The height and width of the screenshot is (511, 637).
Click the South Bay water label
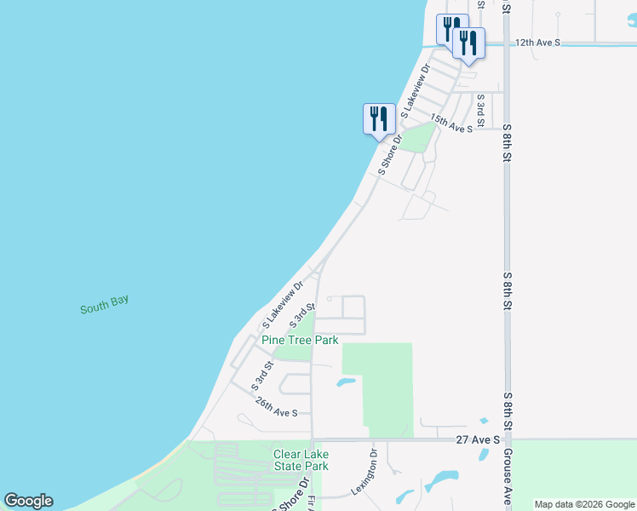[104, 305]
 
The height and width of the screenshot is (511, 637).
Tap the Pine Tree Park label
[300, 340]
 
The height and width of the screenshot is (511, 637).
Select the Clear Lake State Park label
[301, 460]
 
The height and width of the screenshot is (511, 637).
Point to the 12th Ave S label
[538, 42]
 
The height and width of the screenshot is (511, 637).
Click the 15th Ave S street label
[450, 123]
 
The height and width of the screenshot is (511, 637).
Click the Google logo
[28, 501]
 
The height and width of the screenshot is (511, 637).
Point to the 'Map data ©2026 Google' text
[584, 504]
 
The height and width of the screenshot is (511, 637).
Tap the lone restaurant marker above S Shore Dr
[379, 118]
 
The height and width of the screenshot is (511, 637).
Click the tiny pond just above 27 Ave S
[484, 421]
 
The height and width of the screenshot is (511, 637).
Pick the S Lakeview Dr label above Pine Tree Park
[284, 305]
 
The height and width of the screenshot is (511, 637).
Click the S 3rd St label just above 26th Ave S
[262, 376]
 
